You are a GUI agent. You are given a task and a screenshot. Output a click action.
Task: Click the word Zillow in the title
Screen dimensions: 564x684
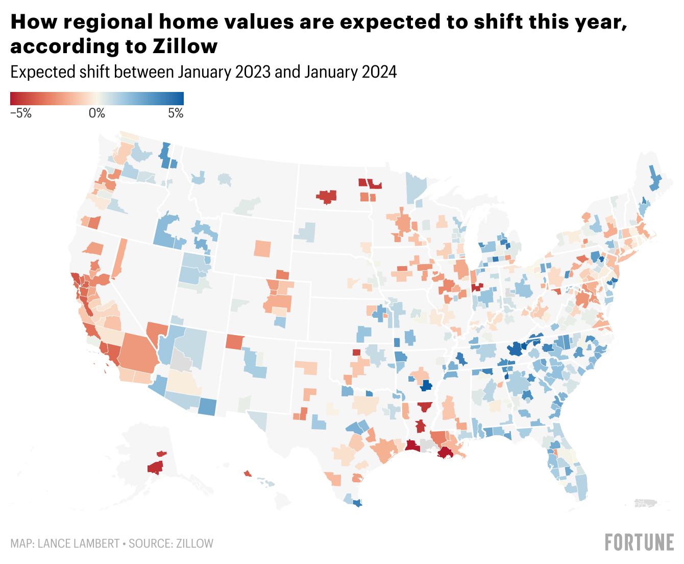(185, 46)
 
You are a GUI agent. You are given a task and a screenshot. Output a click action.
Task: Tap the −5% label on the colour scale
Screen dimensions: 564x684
(21, 113)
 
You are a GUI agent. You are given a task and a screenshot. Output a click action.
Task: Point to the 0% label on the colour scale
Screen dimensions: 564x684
(96, 113)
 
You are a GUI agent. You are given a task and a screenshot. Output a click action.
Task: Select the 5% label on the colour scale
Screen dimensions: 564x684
(176, 113)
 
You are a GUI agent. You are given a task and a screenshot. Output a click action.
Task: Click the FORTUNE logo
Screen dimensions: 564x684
(639, 543)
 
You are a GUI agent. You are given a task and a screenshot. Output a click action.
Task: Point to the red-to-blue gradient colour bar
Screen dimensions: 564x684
(97, 98)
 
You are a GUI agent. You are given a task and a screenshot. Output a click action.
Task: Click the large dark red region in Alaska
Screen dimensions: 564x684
(155, 467)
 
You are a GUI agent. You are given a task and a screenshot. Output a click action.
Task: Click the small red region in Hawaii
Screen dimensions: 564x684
(248, 474)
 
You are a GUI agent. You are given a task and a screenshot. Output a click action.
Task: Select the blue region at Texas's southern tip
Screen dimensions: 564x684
(357, 503)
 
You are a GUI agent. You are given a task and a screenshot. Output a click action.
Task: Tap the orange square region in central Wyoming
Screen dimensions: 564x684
(262, 248)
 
